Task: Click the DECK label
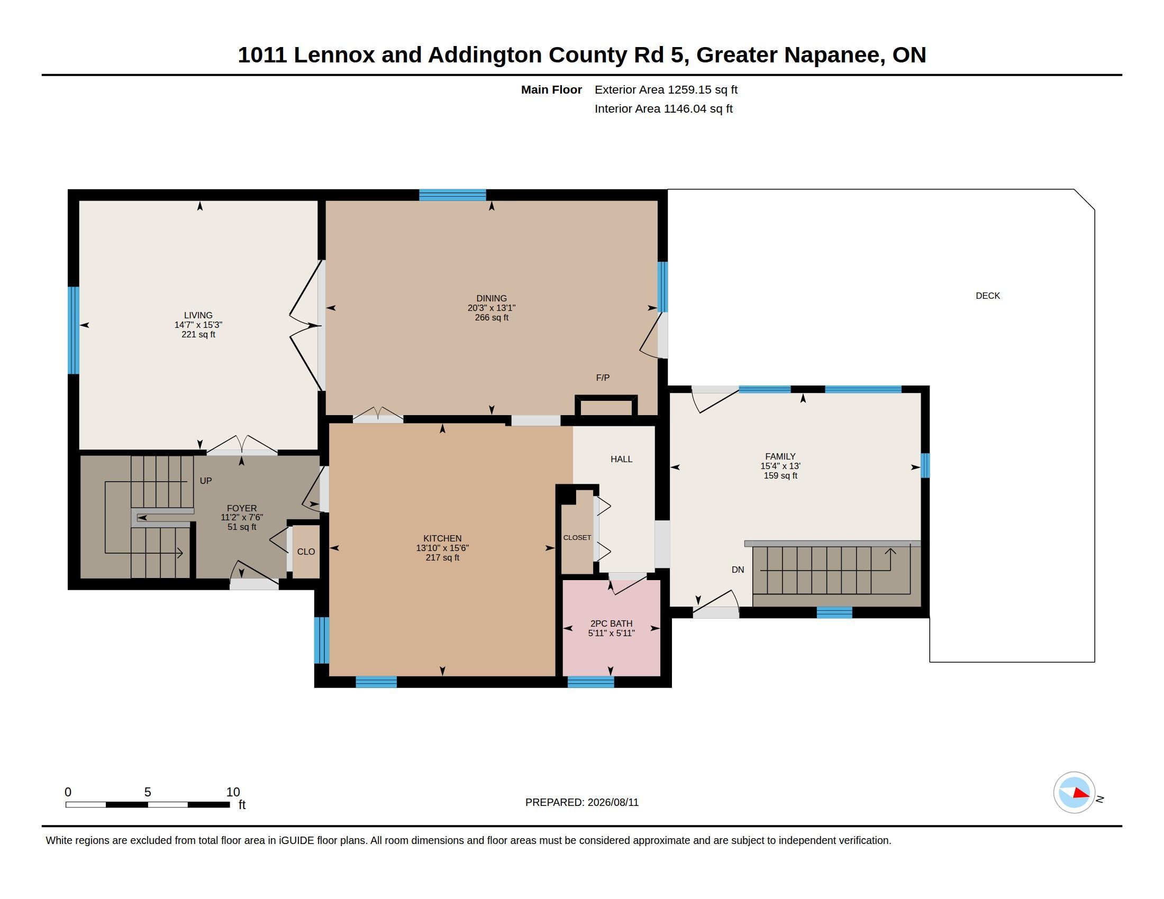coord(988,296)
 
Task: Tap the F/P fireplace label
coord(603,378)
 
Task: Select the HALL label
coord(622,459)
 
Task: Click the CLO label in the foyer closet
coord(306,552)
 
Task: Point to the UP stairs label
coord(206,481)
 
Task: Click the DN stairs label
coord(738,570)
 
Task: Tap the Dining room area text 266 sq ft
coord(492,317)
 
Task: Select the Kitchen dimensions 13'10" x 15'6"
coord(442,548)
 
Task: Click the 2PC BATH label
coord(611,623)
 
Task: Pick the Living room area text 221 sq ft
coord(198,334)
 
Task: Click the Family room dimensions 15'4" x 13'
coord(780,466)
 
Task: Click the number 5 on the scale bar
coord(148,792)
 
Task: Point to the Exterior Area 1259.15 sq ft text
coord(666,89)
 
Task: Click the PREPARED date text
coord(582,802)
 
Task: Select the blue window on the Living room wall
coord(74,330)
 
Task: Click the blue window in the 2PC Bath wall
coord(590,682)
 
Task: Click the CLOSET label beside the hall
coord(577,537)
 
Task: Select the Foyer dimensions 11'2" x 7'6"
coord(242,518)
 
